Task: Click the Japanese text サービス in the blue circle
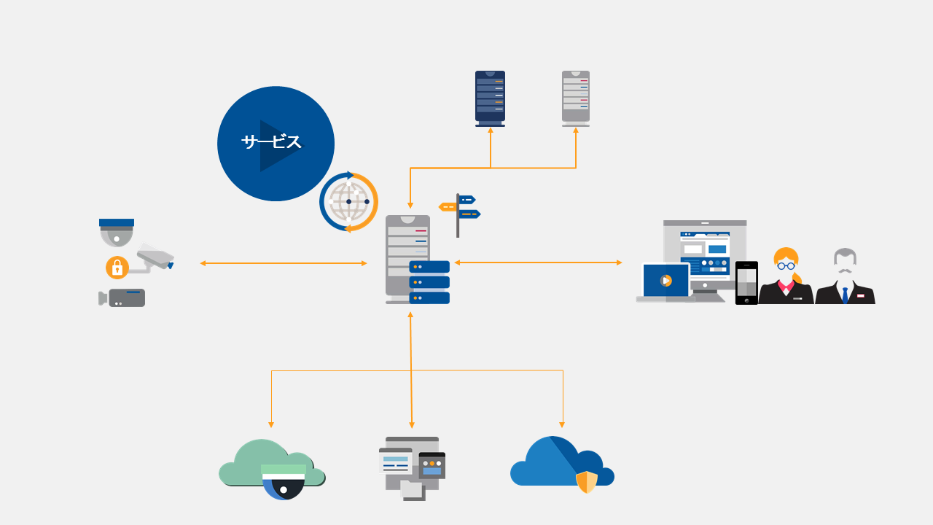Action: (x=271, y=142)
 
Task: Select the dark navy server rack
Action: (x=490, y=98)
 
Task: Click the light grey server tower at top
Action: (x=576, y=98)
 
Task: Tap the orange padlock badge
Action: (x=117, y=268)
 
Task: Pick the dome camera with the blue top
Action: (x=117, y=232)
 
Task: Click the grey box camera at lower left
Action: (x=124, y=297)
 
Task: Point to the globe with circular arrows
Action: (x=348, y=202)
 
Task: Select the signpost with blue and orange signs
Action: (x=459, y=213)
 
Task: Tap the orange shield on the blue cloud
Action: (x=586, y=482)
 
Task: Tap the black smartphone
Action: (x=746, y=283)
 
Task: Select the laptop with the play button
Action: (x=665, y=282)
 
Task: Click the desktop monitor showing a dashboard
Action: (x=705, y=252)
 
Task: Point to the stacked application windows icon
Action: (x=412, y=467)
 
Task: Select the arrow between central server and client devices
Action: (x=538, y=262)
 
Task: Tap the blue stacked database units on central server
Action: (x=429, y=282)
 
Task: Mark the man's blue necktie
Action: (x=845, y=295)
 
